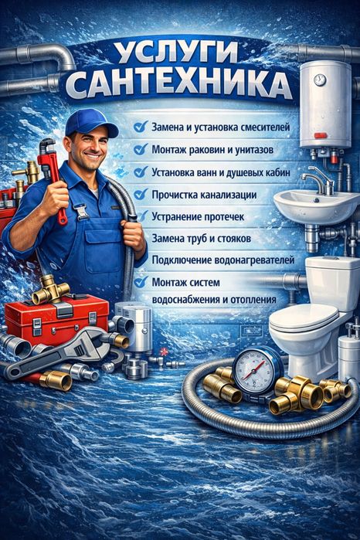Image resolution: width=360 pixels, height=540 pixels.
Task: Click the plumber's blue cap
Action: (90, 123)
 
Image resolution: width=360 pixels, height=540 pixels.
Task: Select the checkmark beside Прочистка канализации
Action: (141, 194)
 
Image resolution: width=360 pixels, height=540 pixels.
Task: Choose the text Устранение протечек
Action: (198, 217)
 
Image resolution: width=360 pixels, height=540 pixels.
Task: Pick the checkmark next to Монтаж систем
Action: (141, 282)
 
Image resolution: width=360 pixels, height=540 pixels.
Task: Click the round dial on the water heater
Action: (320, 80)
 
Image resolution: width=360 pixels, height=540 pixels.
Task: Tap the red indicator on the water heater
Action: (321, 135)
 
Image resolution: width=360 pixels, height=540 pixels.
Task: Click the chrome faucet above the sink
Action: (318, 181)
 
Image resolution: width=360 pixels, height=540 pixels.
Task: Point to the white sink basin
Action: (316, 206)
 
